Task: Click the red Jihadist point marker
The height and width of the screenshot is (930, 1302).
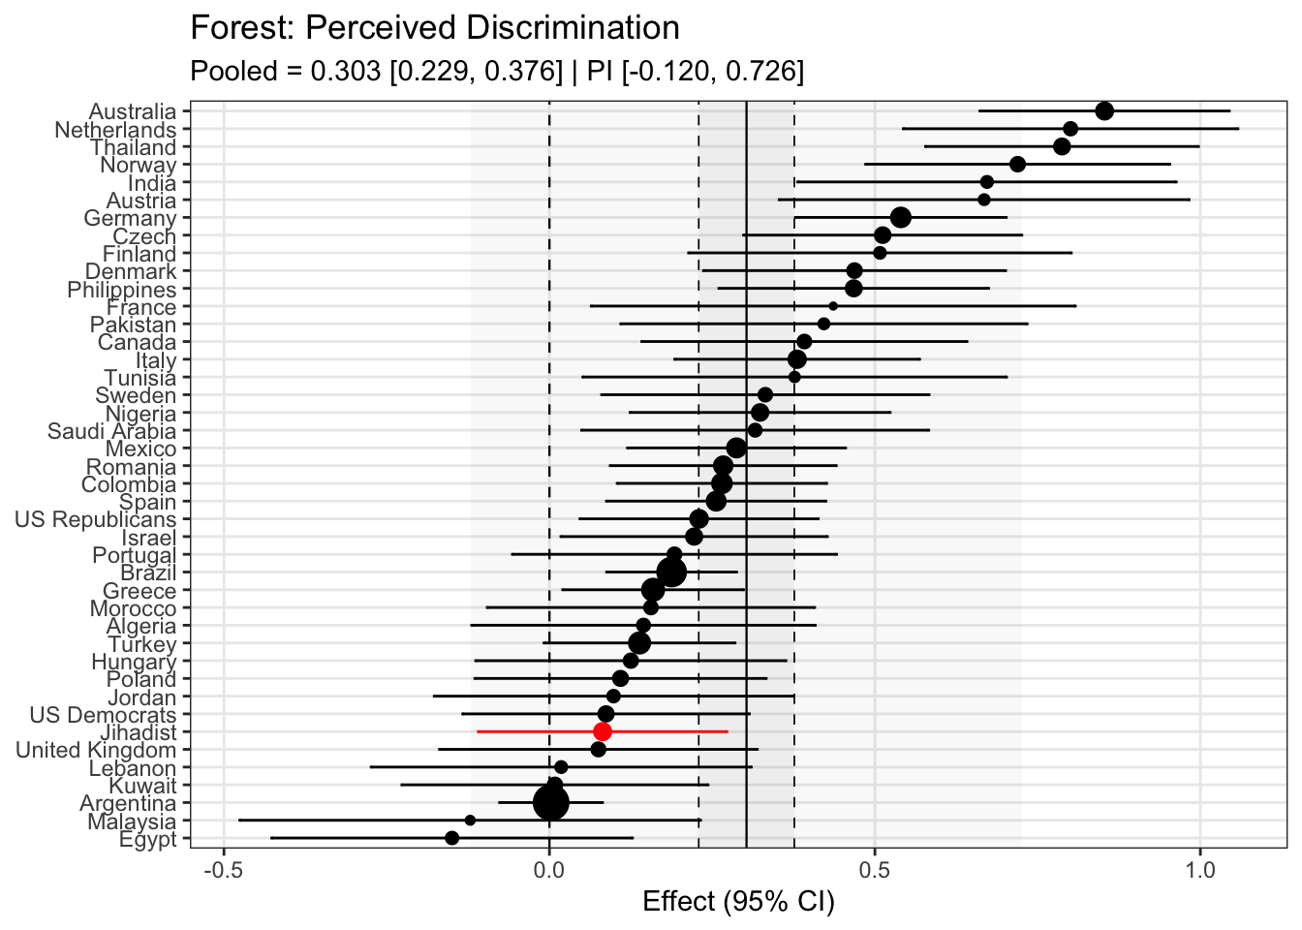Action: click(x=603, y=731)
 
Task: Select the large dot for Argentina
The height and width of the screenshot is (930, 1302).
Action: click(x=551, y=802)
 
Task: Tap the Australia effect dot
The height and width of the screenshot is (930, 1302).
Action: click(x=1104, y=111)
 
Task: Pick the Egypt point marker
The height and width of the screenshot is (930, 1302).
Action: click(x=451, y=838)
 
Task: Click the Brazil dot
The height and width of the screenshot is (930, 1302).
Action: click(x=670, y=573)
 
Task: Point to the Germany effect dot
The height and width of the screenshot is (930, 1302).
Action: click(x=900, y=217)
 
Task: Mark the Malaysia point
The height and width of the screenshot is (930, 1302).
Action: click(x=470, y=821)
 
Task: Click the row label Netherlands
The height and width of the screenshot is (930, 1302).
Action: click(x=115, y=130)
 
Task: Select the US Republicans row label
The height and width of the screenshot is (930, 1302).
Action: click(x=95, y=520)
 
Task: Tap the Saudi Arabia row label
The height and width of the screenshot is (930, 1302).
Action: click(x=111, y=431)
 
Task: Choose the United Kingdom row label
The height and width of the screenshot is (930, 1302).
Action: click(x=96, y=750)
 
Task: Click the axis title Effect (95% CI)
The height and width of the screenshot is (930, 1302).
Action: click(x=738, y=902)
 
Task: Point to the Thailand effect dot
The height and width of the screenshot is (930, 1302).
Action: click(x=1062, y=146)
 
